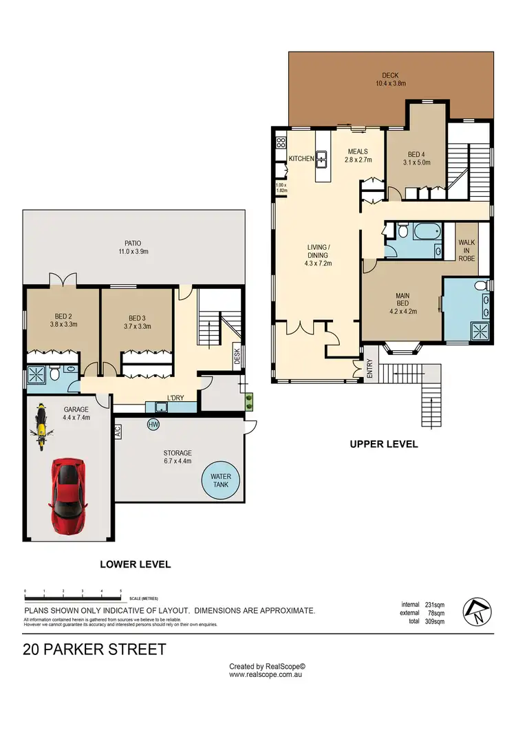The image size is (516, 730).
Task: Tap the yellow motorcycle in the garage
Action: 41,428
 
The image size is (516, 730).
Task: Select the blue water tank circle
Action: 220,480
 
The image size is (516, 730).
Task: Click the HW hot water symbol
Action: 153,425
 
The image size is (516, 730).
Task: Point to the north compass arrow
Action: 478,610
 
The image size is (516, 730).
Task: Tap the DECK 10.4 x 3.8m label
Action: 390,80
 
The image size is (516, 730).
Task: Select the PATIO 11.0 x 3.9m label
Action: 133,248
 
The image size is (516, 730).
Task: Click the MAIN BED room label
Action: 402,303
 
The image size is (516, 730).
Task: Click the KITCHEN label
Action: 301,159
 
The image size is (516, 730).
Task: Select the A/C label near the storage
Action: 117,431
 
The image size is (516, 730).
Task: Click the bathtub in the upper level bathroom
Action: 417,230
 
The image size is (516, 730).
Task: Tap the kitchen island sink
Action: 321,160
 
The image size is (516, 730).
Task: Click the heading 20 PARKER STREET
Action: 94,649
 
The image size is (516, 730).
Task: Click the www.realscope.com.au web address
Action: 267,675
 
